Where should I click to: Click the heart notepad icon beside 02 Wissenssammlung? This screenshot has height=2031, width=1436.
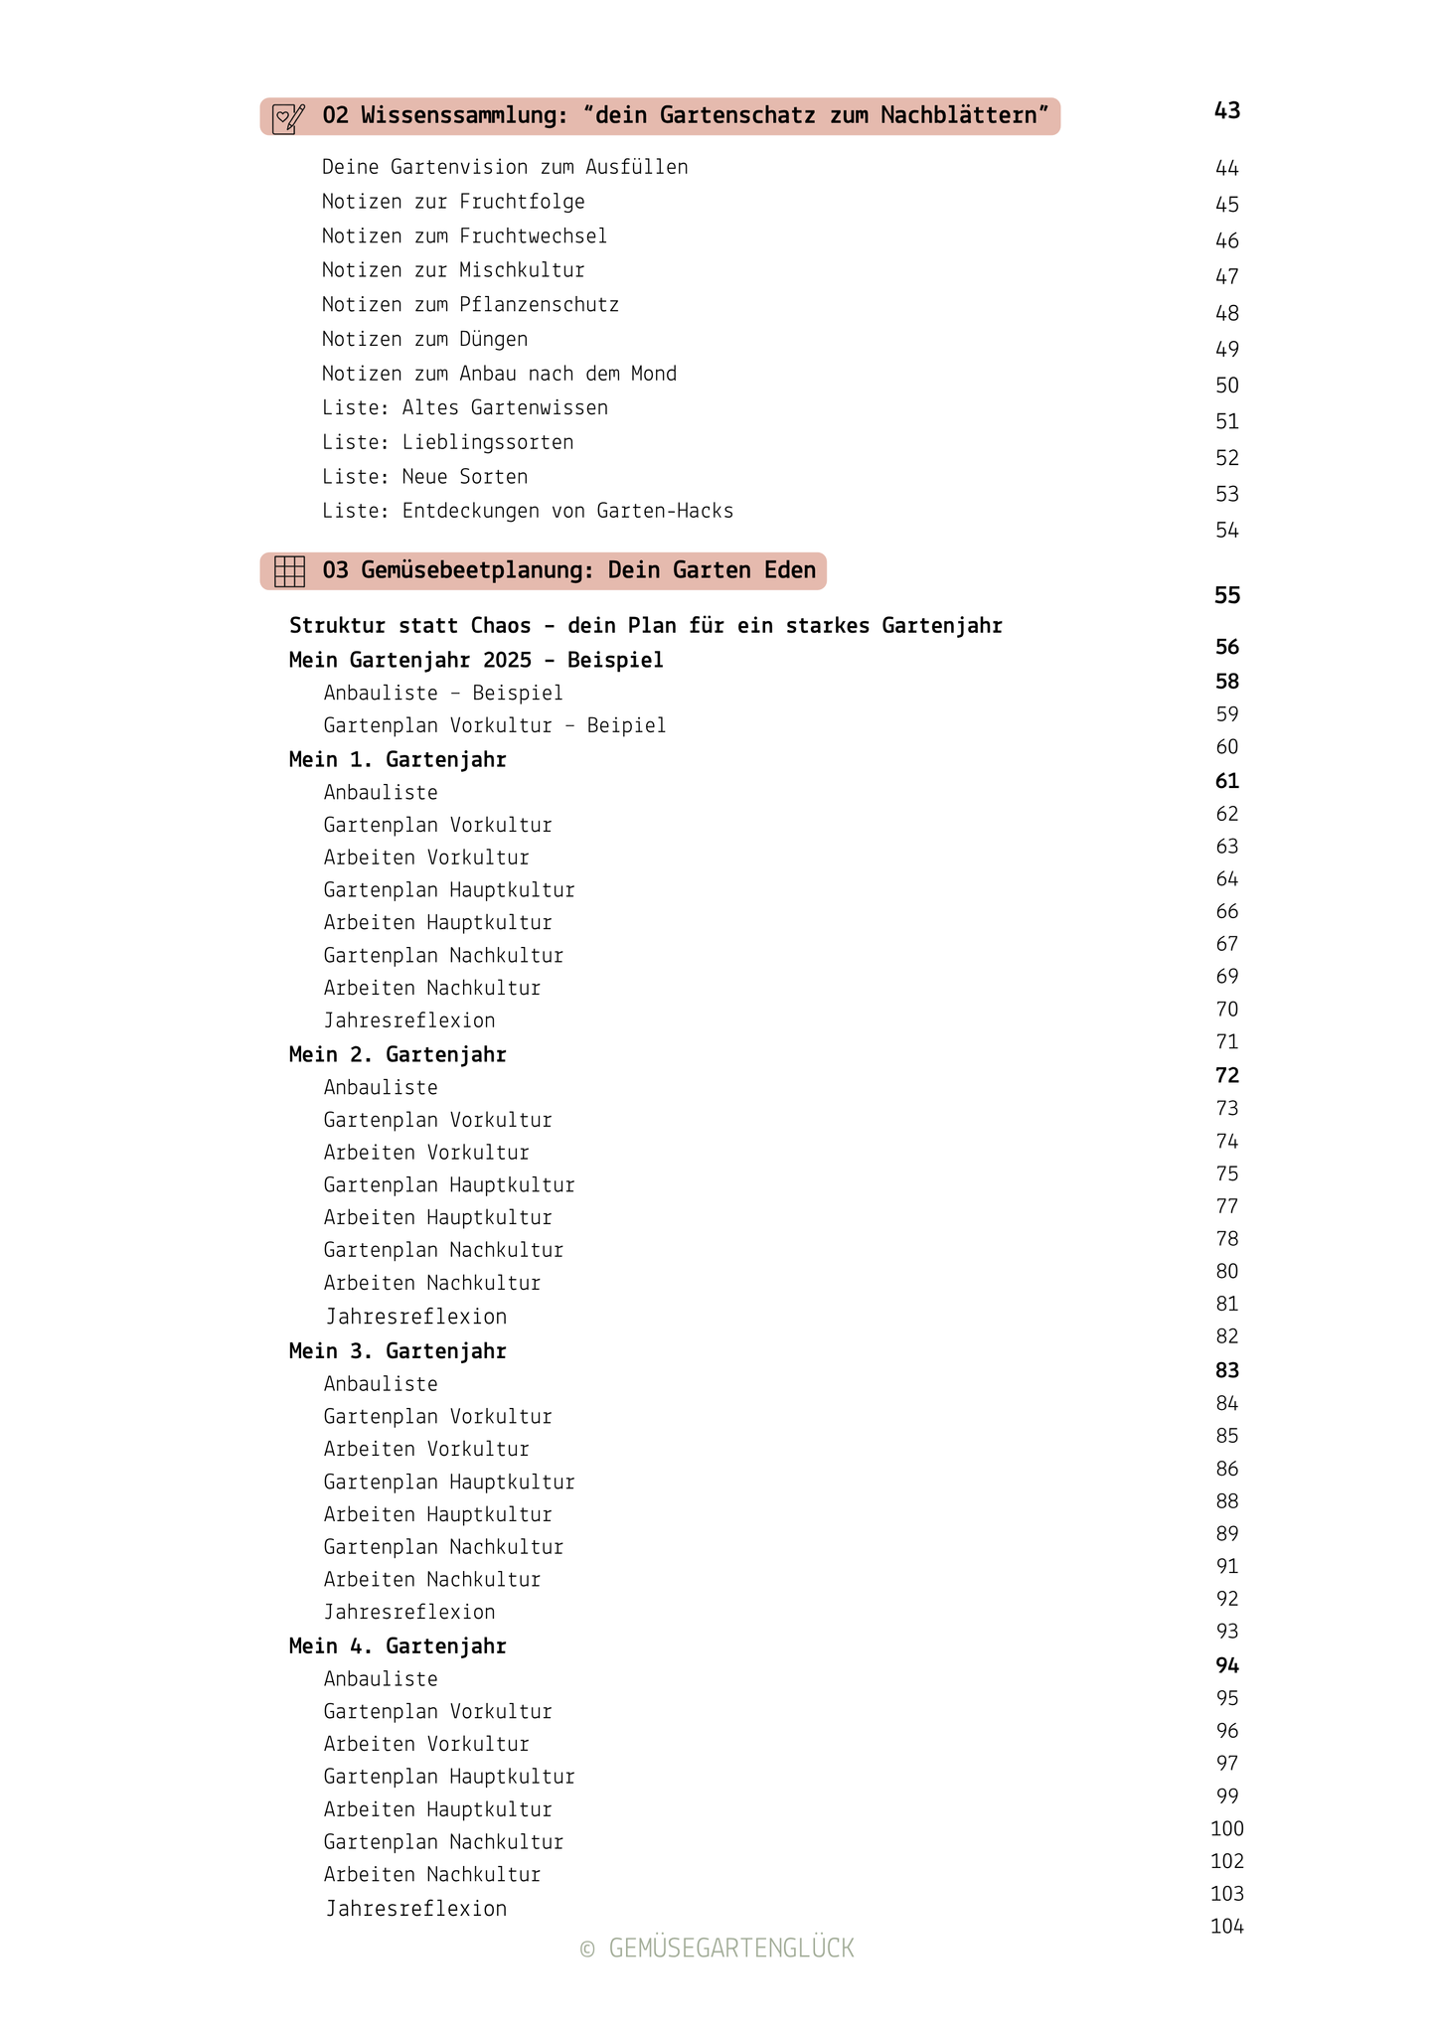coord(288,118)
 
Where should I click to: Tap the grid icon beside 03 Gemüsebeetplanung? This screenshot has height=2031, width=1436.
coord(289,571)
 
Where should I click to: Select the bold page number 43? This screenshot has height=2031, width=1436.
coord(1227,110)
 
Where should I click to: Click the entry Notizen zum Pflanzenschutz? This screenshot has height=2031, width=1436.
coord(470,305)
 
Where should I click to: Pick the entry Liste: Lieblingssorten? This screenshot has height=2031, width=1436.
coord(447,442)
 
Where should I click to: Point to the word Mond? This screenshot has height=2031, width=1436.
coord(654,374)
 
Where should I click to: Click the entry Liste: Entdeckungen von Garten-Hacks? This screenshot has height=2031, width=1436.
coord(528,511)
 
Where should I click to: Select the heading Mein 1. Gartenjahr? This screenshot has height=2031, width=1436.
coord(398,760)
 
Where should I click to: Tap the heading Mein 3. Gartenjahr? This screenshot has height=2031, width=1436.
coord(398,1351)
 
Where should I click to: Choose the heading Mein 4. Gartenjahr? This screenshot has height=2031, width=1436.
coord(398,1646)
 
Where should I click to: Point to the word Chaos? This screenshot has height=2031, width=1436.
coord(501,626)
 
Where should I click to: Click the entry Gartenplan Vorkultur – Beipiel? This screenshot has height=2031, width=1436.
coord(495,726)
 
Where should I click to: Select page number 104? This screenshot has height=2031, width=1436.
coord(1227,1927)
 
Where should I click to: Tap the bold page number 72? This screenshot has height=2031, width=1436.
coord(1227,1076)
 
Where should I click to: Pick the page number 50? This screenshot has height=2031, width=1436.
coord(1227,386)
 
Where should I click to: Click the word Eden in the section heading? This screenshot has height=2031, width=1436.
coord(790,570)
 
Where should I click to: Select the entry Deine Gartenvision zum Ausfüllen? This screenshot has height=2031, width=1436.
coord(505,167)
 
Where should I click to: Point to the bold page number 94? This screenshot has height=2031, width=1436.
coord(1227,1666)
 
